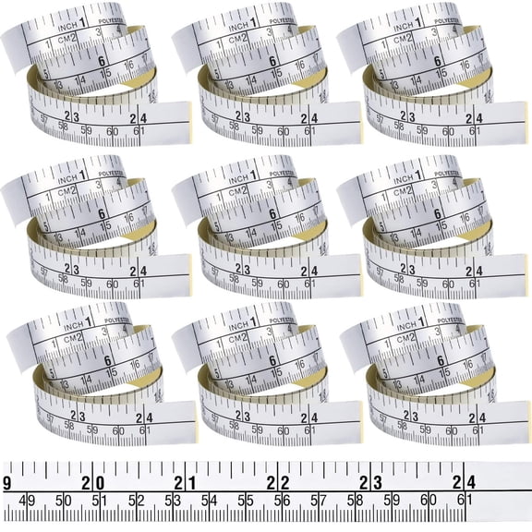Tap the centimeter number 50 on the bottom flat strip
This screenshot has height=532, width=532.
click(65, 502)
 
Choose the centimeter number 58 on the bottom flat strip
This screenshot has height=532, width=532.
click(355, 502)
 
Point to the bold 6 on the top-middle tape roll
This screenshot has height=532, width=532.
click(272, 62)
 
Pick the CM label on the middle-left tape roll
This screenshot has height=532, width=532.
click(62, 191)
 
